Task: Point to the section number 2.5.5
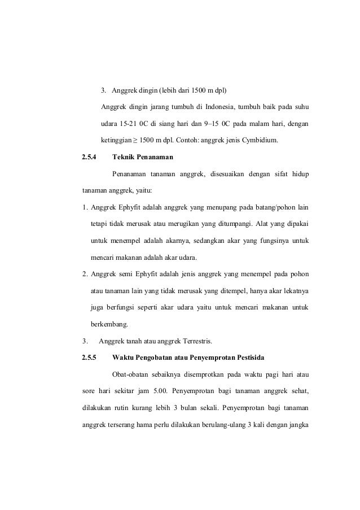89,357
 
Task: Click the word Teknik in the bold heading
126,156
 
